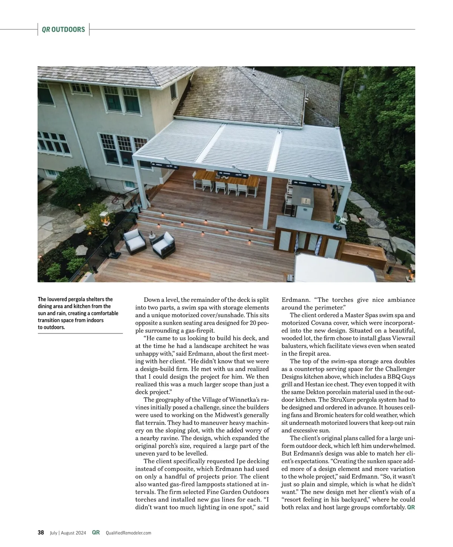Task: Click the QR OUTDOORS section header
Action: point(63,29)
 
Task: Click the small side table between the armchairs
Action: point(152,238)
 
